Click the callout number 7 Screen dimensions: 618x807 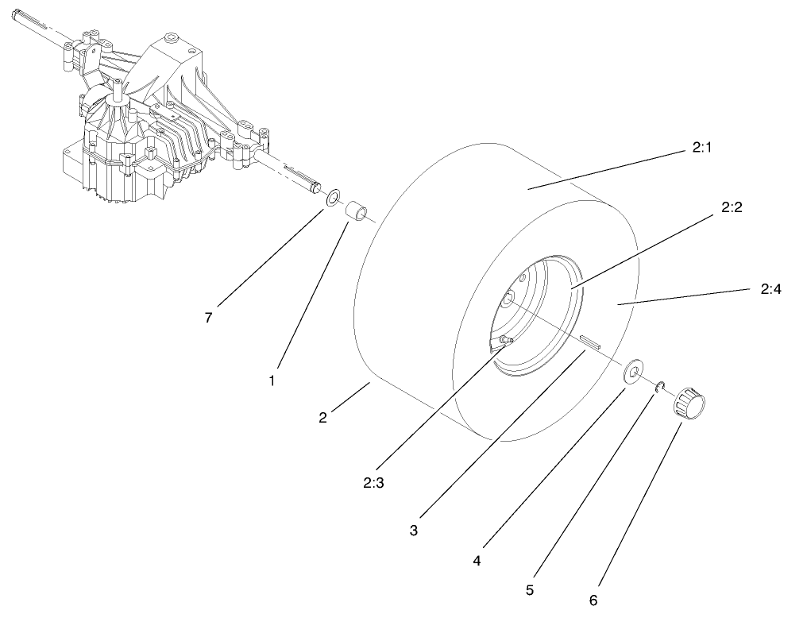click(208, 317)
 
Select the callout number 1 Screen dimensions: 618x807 click(272, 380)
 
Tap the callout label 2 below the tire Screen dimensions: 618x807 click(322, 418)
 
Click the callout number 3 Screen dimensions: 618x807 click(413, 530)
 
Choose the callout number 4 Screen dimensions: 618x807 click(477, 560)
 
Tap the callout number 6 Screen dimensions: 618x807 click(593, 600)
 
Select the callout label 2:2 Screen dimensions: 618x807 click(732, 207)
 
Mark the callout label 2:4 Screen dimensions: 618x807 click(770, 289)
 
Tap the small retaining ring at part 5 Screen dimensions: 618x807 click(659, 387)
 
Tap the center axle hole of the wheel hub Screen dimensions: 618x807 click(506, 299)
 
